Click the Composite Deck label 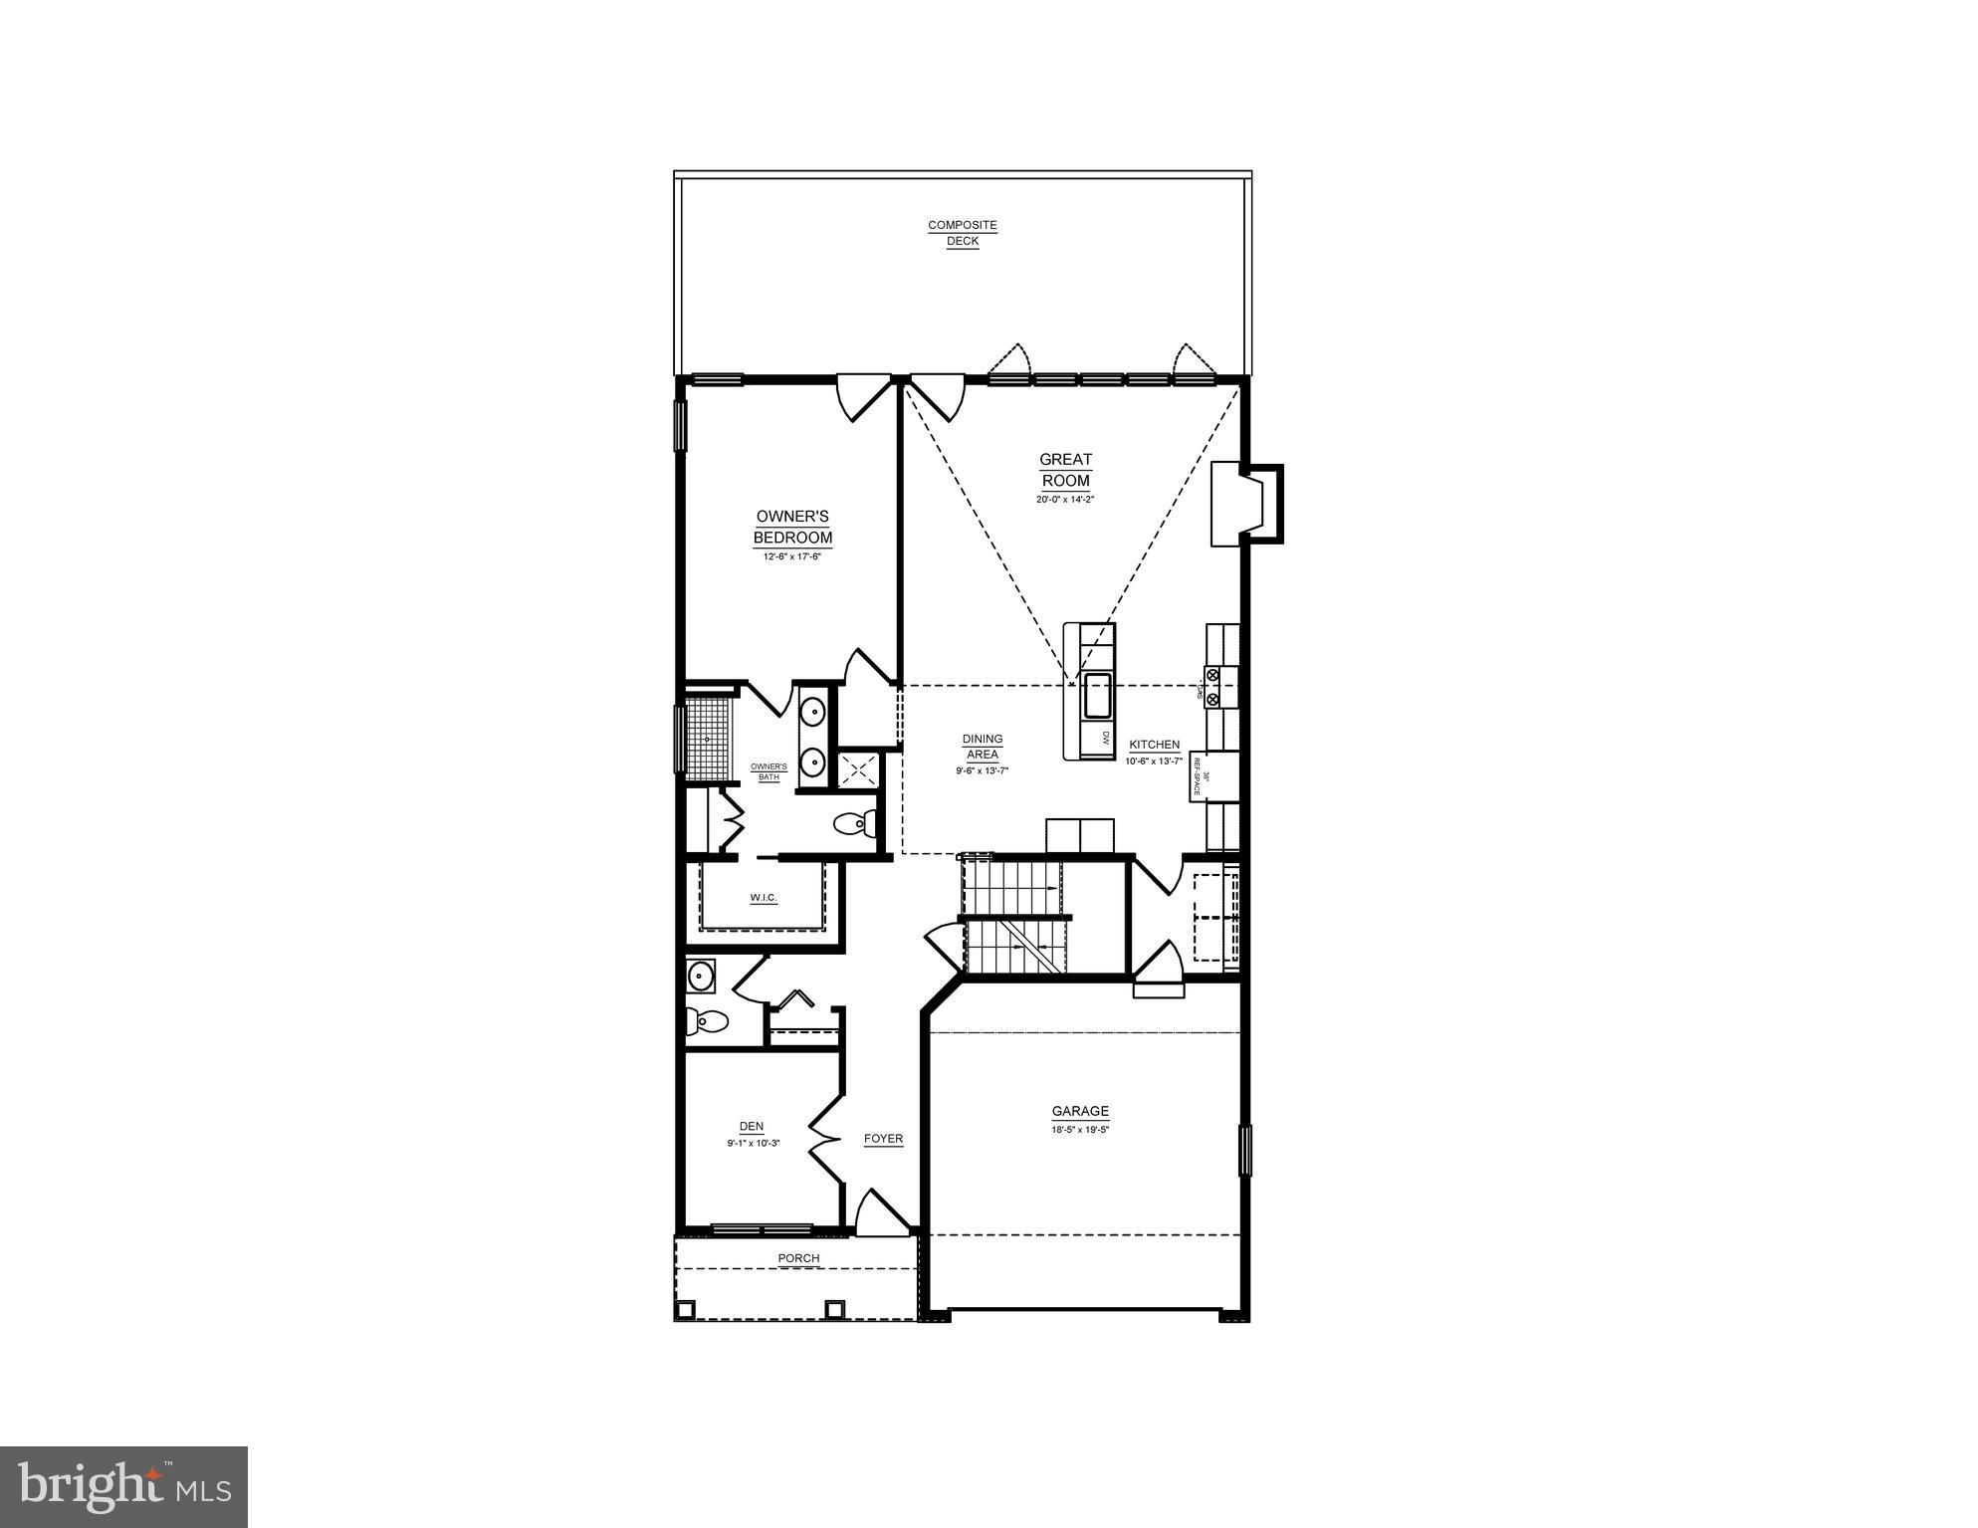click(x=962, y=233)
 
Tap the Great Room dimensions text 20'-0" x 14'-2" click(x=1065, y=500)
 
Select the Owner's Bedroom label click(x=792, y=527)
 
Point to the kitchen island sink click(x=1098, y=696)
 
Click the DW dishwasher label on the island click(x=1105, y=738)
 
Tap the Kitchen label click(x=1154, y=745)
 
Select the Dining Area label click(x=982, y=747)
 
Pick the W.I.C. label click(x=764, y=898)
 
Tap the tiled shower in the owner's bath click(x=709, y=739)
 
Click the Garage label click(x=1080, y=1112)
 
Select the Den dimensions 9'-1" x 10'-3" click(x=753, y=1144)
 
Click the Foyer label click(x=883, y=1139)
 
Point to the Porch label click(x=798, y=1258)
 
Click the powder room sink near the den click(x=701, y=976)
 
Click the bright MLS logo click(x=124, y=1487)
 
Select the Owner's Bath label click(x=769, y=771)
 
